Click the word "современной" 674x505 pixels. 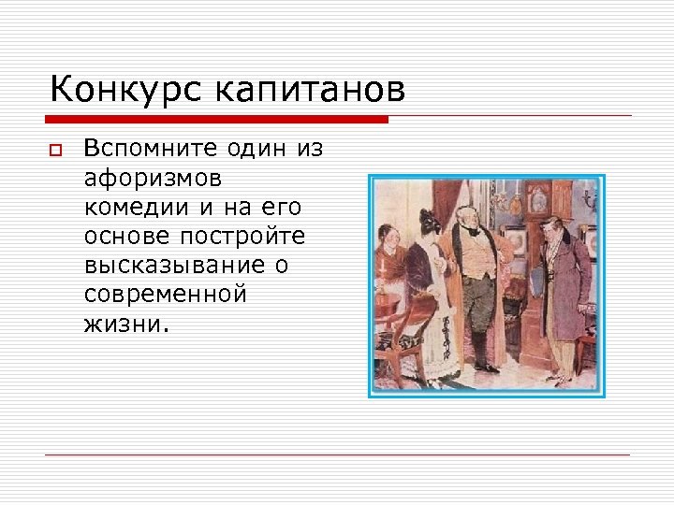pyautogui.click(x=165, y=295)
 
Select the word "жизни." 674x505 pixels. pyautogui.click(x=127, y=325)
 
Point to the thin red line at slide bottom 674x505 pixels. pyautogui.click(x=337, y=454)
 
